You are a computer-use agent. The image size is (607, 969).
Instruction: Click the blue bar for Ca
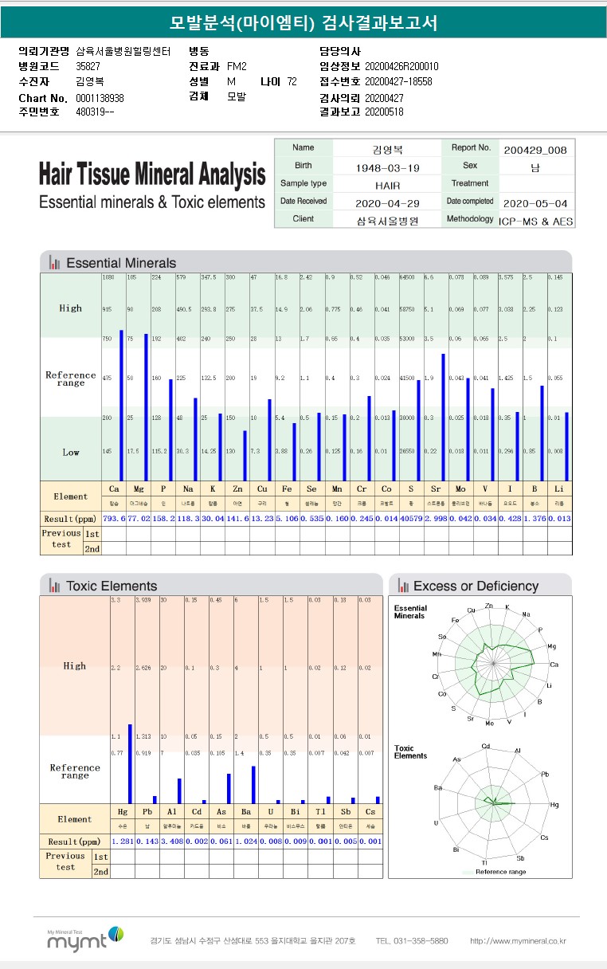(x=121, y=405)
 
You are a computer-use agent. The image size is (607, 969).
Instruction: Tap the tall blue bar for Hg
(x=130, y=763)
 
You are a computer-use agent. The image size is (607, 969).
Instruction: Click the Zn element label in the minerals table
(x=238, y=488)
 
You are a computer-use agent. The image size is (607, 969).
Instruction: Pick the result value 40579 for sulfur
(x=411, y=518)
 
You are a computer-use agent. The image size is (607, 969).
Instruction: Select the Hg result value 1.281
(x=122, y=841)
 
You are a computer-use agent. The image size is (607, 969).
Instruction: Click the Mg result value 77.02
(x=139, y=518)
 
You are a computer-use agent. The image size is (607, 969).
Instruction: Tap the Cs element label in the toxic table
(x=370, y=811)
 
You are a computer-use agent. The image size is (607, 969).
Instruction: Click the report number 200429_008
(x=535, y=149)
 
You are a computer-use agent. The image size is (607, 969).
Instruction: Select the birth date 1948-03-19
(x=386, y=167)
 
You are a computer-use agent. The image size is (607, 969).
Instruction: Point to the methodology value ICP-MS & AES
(x=535, y=221)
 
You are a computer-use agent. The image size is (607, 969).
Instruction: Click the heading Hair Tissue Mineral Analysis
(x=152, y=174)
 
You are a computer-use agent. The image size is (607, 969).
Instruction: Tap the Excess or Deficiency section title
(x=476, y=586)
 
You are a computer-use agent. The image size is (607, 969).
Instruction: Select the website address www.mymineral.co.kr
(x=518, y=941)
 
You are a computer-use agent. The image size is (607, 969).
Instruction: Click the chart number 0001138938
(x=100, y=98)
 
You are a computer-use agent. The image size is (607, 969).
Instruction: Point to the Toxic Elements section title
(x=111, y=586)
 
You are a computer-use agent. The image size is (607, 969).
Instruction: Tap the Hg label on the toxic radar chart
(x=554, y=805)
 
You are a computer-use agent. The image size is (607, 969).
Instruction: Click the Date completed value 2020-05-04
(x=535, y=202)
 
